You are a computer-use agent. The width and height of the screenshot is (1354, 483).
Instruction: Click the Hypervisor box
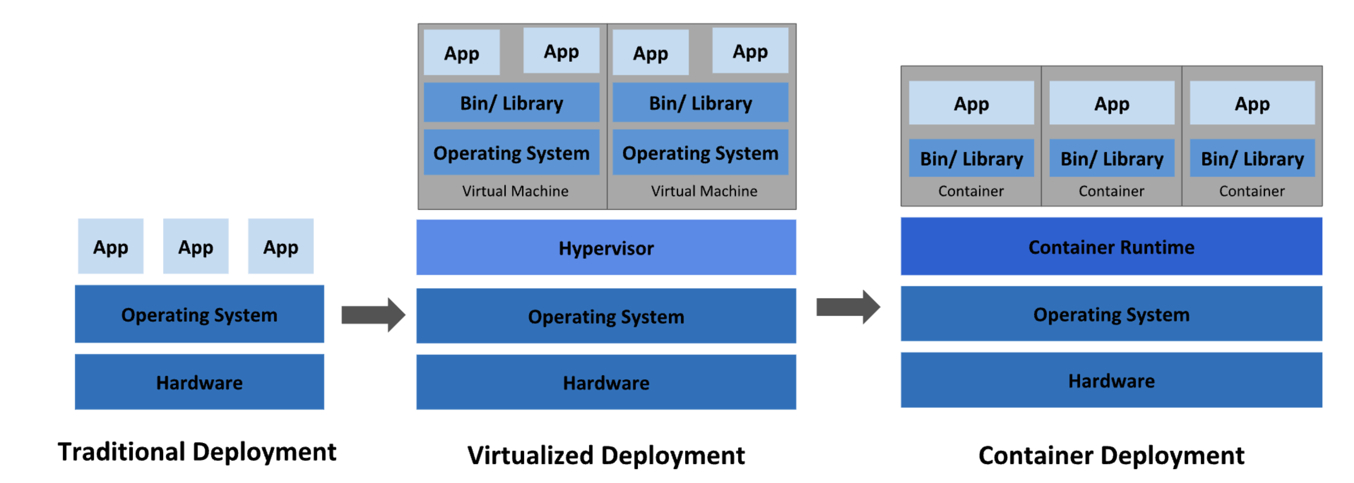(x=606, y=247)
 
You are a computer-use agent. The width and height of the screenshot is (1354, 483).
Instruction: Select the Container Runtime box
(x=1111, y=246)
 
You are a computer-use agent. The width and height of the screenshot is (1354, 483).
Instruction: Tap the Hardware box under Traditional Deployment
(x=199, y=382)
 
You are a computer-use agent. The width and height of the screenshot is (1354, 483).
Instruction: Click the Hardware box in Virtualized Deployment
(x=606, y=382)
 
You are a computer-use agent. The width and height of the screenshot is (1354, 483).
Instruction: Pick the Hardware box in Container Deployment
(x=1111, y=380)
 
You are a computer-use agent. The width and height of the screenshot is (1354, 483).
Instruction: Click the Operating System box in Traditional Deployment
(x=199, y=314)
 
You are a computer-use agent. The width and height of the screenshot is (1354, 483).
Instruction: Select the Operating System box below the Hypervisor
(x=606, y=315)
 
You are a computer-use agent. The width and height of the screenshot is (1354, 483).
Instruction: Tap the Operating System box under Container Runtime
(x=1111, y=314)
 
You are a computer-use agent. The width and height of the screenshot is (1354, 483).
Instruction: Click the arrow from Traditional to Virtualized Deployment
(x=373, y=315)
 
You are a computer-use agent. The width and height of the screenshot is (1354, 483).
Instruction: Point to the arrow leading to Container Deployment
(x=848, y=307)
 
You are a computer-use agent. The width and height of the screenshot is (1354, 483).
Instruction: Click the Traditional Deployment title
(x=197, y=451)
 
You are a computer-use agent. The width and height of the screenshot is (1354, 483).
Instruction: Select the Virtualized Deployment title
(x=606, y=455)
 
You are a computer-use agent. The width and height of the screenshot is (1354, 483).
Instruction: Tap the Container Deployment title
(x=1111, y=455)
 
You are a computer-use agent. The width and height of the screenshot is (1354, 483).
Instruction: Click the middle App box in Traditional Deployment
(x=195, y=246)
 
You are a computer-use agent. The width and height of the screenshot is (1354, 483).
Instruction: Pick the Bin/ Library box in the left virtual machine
(x=512, y=102)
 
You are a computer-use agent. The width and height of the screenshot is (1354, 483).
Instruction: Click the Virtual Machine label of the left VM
(x=515, y=191)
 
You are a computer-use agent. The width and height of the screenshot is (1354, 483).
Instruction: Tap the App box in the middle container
(x=1112, y=103)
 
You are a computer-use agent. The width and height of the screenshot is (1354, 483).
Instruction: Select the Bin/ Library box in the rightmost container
(x=1252, y=158)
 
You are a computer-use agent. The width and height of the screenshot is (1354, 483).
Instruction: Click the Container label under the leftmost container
(x=971, y=191)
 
